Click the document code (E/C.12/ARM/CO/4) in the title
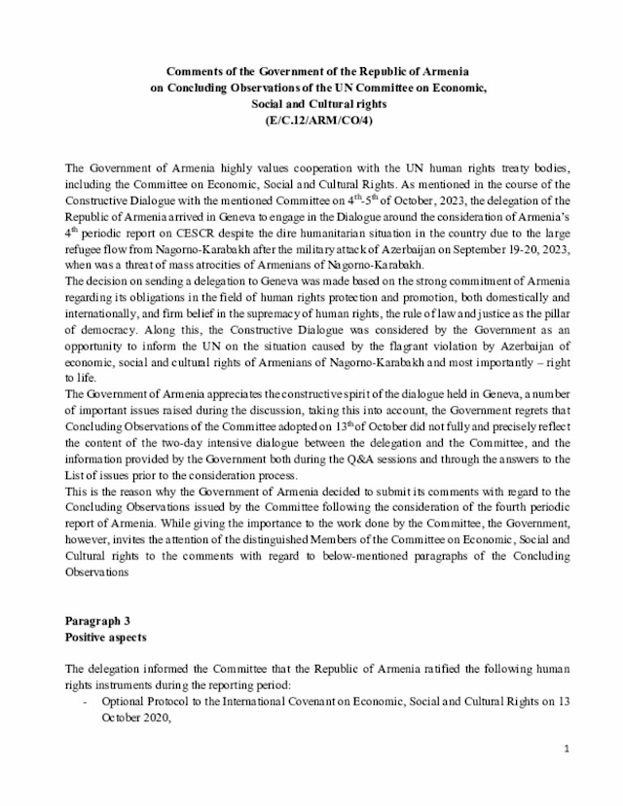point(311,120)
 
